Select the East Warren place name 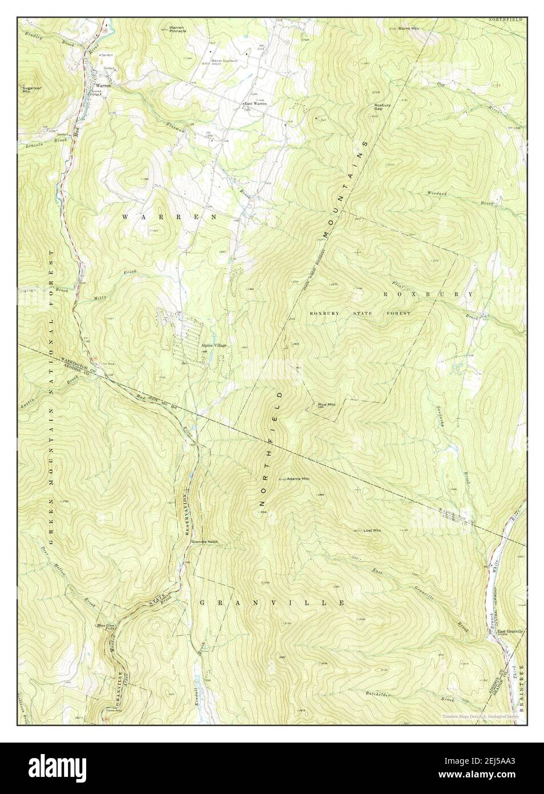click(255, 103)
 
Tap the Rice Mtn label click(327, 404)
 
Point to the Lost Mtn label click(372, 531)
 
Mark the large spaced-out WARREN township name click(170, 217)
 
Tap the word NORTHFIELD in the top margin click(505, 19)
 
